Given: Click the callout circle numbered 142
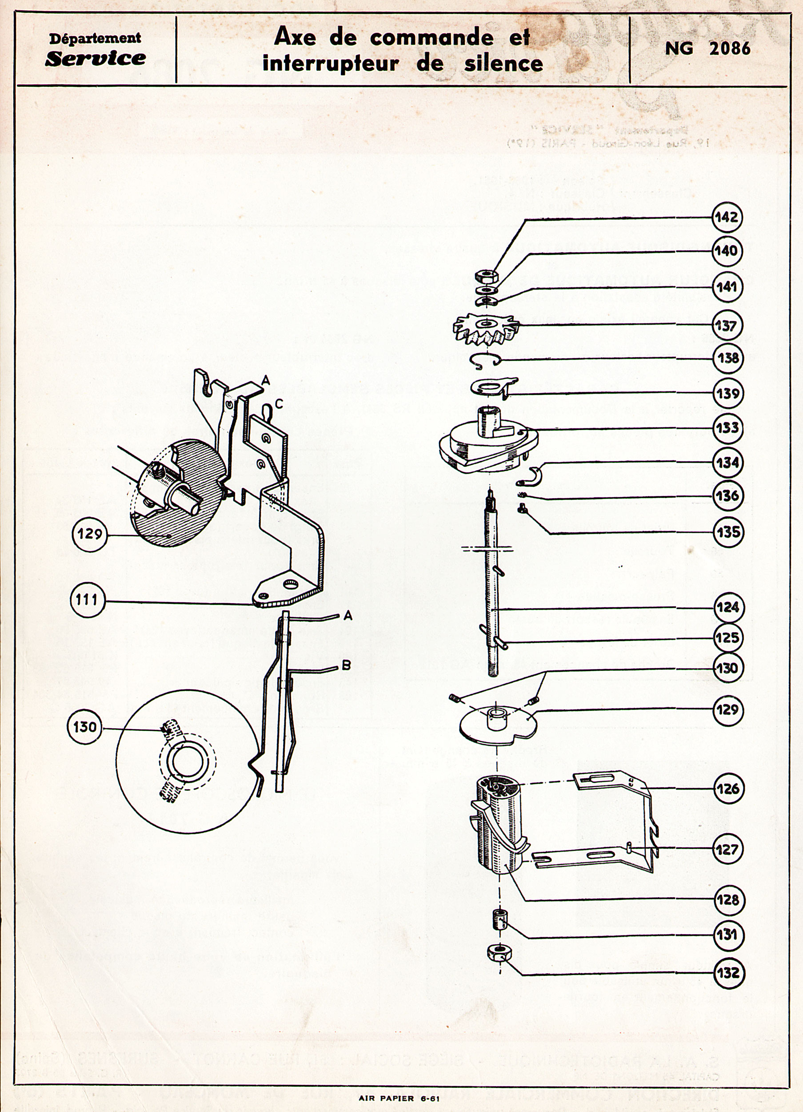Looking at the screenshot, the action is (x=727, y=217).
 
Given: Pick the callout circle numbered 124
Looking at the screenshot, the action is (x=727, y=608).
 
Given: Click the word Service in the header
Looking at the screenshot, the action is (x=95, y=58).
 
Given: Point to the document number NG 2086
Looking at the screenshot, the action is (x=707, y=48).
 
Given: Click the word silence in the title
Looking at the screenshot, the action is (x=503, y=64).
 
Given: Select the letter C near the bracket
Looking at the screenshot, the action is (x=278, y=403).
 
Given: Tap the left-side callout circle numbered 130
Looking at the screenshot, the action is (x=85, y=727).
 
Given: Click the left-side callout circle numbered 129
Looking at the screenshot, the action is (x=89, y=533).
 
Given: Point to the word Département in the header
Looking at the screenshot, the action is (x=95, y=38).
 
